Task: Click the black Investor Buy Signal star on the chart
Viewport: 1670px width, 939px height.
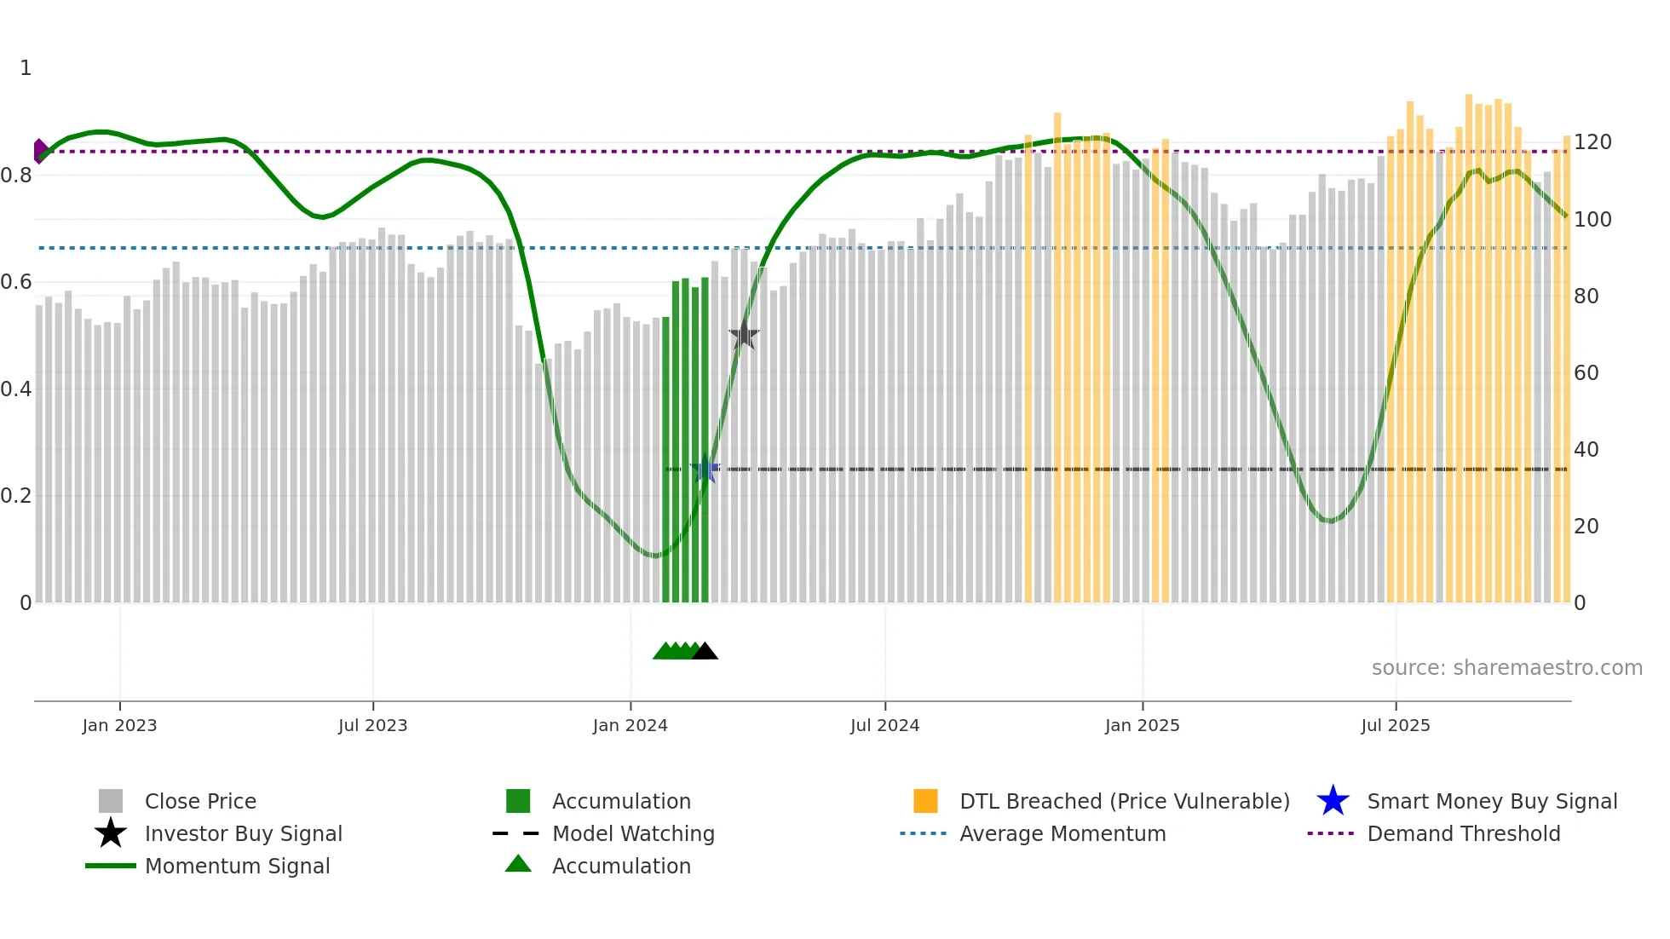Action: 744,335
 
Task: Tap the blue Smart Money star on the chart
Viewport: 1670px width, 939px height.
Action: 705,469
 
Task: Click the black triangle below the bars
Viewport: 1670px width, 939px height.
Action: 705,652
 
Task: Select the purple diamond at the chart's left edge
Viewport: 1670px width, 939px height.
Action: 40,151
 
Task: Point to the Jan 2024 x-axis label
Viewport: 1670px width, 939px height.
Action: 630,726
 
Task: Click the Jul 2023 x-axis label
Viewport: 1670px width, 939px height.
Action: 372,726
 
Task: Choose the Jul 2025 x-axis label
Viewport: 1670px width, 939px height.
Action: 1395,726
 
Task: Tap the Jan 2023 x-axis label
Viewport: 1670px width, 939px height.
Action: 119,726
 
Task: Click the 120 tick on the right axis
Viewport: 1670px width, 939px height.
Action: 1592,142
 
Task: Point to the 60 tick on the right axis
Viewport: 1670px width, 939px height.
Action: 1586,373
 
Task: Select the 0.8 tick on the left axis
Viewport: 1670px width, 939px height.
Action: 16,176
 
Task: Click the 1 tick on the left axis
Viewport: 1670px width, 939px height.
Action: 26,68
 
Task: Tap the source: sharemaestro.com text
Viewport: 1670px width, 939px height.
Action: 1506,668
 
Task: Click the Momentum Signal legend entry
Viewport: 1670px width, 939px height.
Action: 237,867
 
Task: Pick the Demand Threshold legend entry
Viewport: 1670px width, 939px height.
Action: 1463,834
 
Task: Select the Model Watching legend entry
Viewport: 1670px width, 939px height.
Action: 633,834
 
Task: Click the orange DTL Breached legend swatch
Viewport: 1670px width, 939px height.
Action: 925,802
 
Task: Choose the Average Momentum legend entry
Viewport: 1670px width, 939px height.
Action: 1062,834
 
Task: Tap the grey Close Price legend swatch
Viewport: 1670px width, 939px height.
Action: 111,802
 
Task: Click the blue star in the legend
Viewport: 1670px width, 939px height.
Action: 1333,802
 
